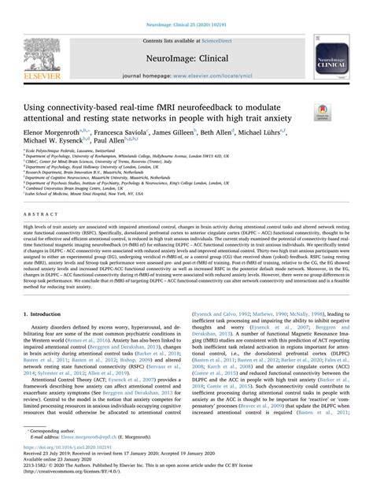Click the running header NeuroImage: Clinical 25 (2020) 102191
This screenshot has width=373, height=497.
pyautogui.click(x=187, y=6)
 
